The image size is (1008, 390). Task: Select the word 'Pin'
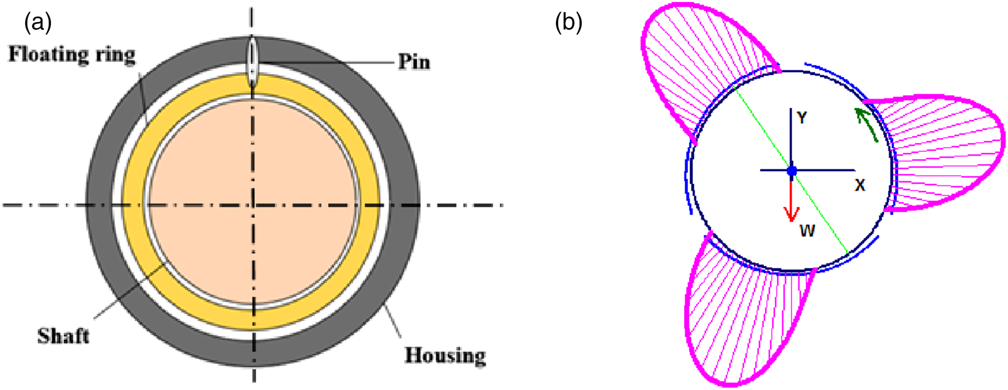[x=414, y=62]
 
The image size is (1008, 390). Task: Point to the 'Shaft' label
[x=63, y=335]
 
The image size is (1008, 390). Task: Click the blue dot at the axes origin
[x=792, y=181]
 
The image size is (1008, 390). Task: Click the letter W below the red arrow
[x=807, y=231]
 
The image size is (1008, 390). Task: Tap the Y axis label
[x=802, y=117]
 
